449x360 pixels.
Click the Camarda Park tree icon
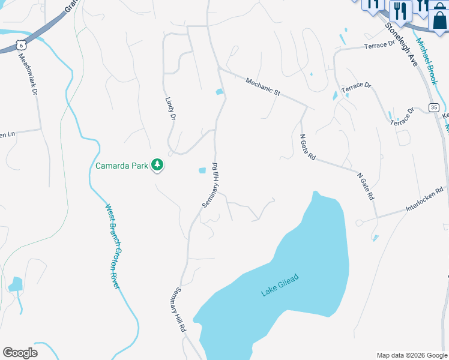click(157, 165)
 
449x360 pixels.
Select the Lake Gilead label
click(280, 284)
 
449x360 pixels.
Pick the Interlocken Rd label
click(425, 199)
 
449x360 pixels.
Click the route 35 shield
click(433, 107)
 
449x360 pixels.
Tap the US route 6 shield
click(22, 44)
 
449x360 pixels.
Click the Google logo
click(20, 352)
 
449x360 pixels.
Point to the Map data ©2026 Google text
click(411, 355)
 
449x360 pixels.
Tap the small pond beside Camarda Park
click(202, 171)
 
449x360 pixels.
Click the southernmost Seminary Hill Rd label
click(178, 309)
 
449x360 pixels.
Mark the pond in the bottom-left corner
click(16, 284)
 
